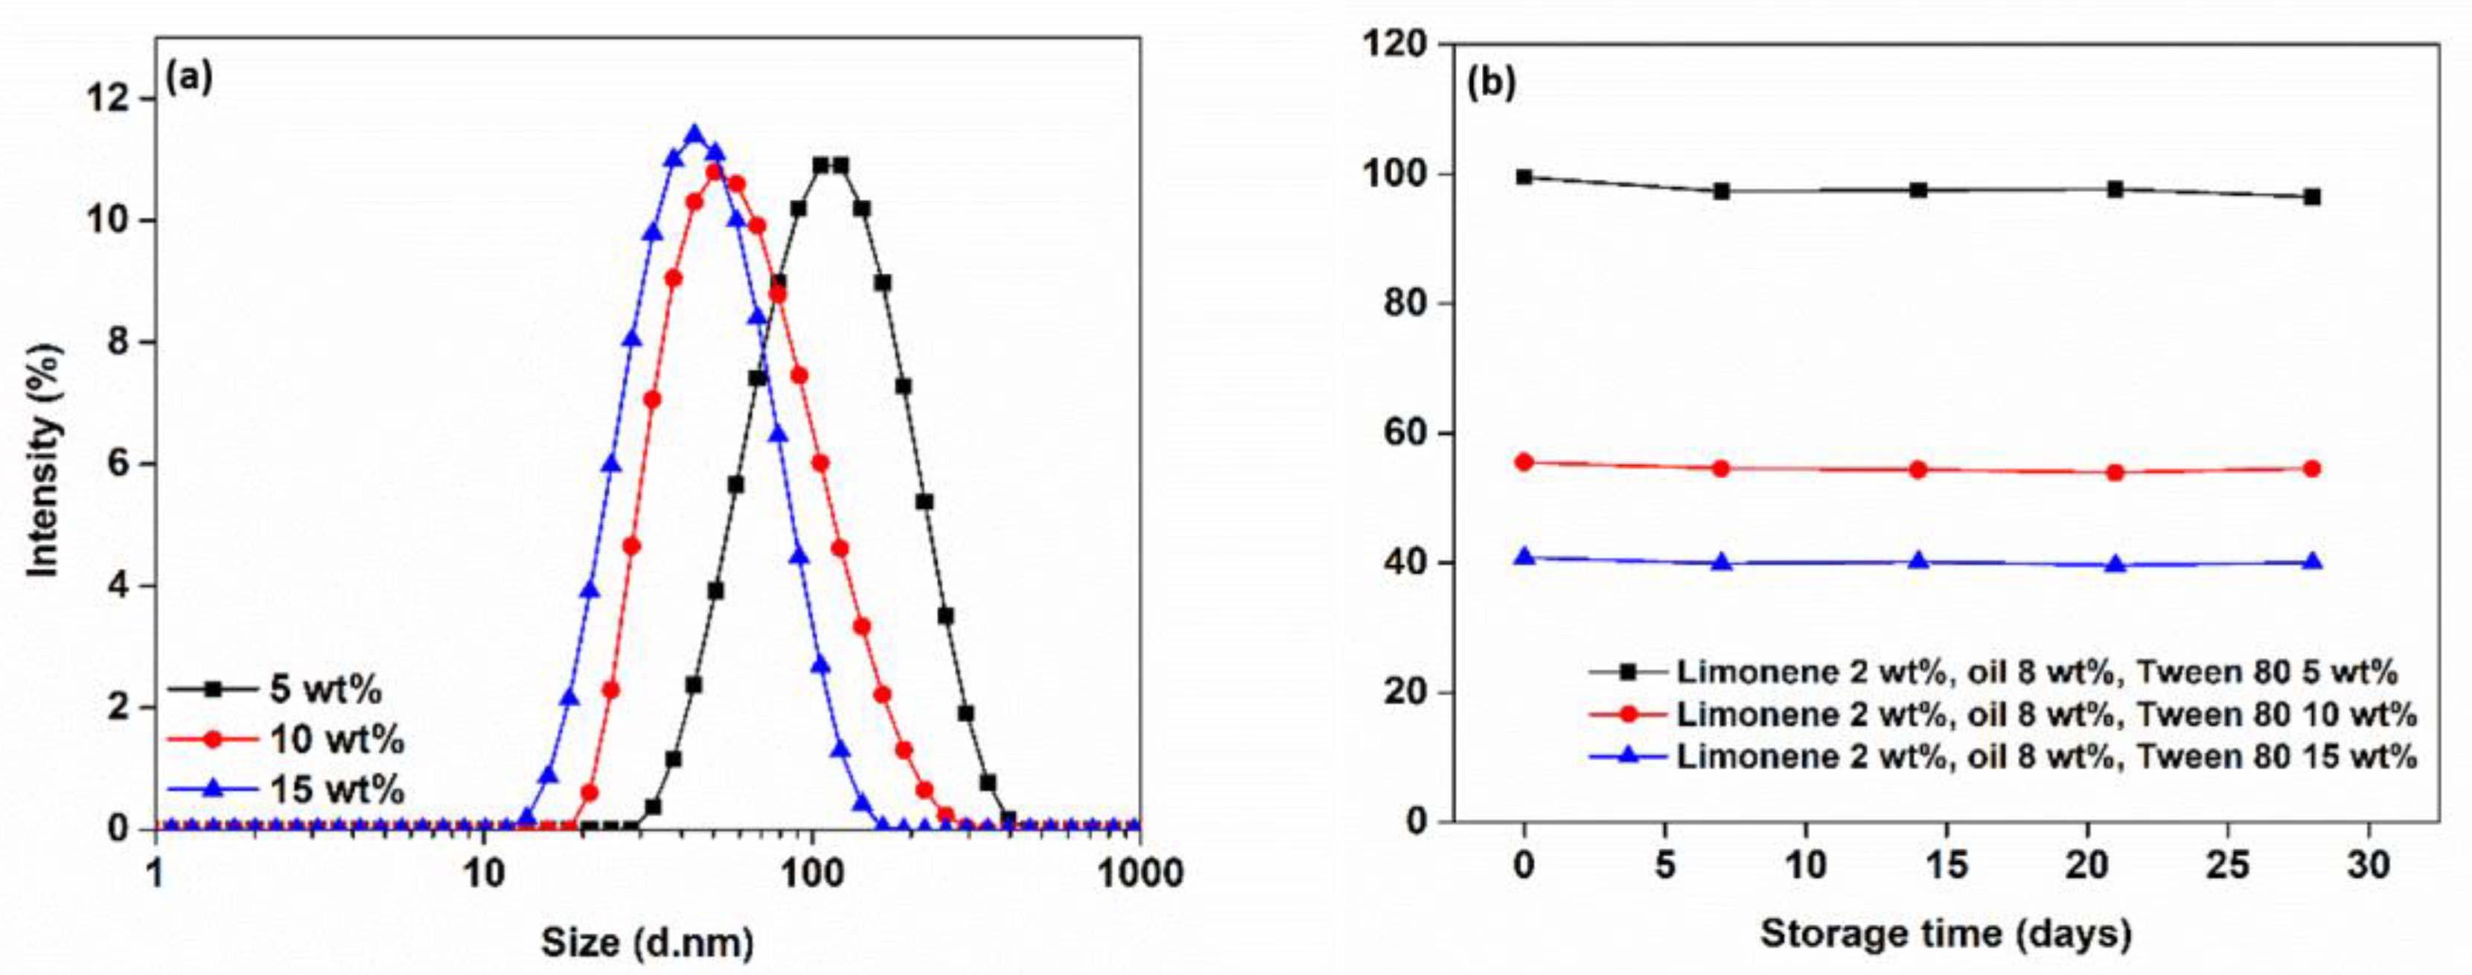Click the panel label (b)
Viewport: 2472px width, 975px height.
(1490, 83)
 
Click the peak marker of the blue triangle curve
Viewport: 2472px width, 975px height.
(694, 135)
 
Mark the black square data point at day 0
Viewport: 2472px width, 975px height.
(1524, 176)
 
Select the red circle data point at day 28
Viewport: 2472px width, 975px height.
(2312, 468)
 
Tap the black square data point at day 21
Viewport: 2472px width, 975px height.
(2115, 189)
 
